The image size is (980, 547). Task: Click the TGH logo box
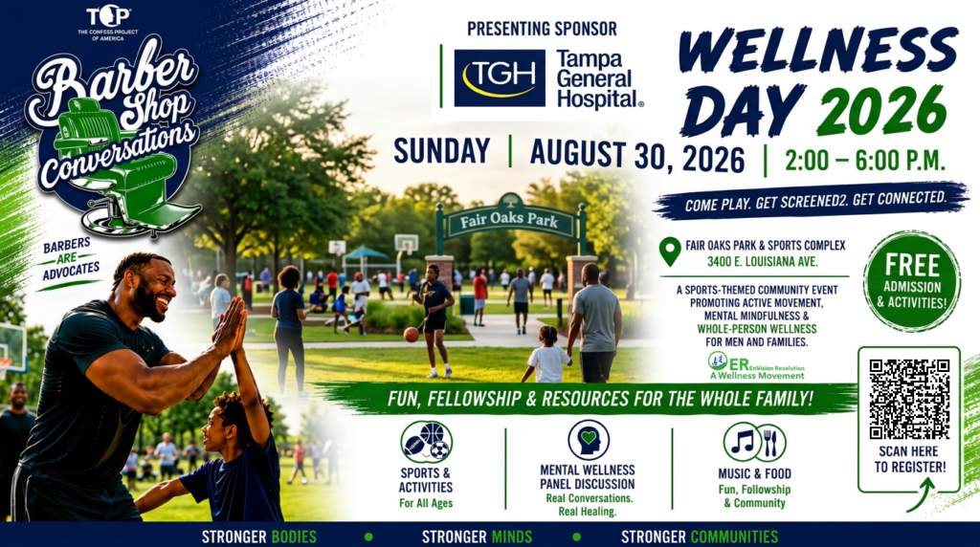coord(500,78)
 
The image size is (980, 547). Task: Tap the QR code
coord(909,399)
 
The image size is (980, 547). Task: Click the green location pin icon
coord(670,252)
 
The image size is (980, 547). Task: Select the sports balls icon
coord(426,442)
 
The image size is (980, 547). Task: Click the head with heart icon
coord(589,440)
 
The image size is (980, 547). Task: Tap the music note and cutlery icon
coord(754,442)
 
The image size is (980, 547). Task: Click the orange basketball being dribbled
coord(411,335)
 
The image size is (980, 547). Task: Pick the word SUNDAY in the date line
coord(442,151)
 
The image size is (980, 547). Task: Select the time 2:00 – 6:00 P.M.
coord(865,161)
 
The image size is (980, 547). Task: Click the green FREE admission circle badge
coord(912,281)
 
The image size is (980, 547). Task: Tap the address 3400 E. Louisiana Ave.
coord(762,262)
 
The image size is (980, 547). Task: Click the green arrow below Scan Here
coord(921,494)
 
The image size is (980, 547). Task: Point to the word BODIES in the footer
coord(294,536)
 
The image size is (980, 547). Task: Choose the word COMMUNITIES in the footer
coord(734,536)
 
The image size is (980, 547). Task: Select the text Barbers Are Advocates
coord(71,258)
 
